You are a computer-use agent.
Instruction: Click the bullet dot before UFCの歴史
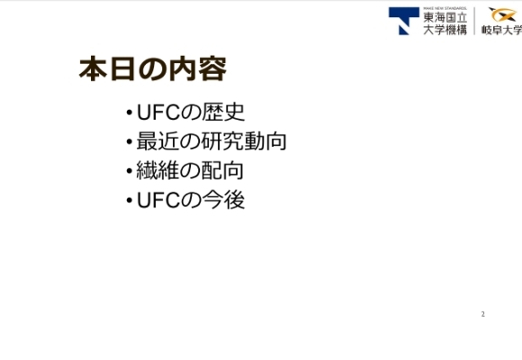click(x=130, y=114)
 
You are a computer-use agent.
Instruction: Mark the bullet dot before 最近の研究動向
click(x=130, y=143)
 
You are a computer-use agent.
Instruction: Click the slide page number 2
click(x=482, y=314)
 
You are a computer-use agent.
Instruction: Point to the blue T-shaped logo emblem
click(x=403, y=20)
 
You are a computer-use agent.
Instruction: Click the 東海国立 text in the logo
click(x=445, y=15)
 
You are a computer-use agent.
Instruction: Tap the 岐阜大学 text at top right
click(x=501, y=30)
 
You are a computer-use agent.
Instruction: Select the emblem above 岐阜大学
click(x=501, y=13)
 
